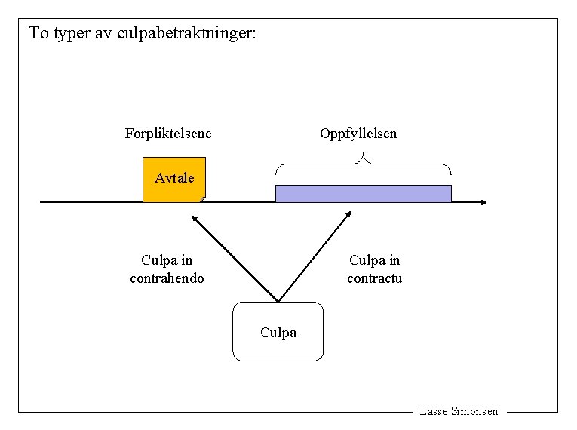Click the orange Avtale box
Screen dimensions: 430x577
tap(173, 180)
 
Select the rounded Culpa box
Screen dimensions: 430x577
tap(278, 331)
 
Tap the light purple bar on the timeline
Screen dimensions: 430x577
tap(363, 194)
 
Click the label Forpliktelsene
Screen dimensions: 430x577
tap(167, 134)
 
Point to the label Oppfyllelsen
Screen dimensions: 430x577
tap(358, 134)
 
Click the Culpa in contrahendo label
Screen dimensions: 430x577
tap(167, 269)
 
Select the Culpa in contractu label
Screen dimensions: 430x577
tap(374, 269)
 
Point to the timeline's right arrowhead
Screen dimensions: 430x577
tap(483, 202)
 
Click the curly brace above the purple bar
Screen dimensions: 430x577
tap(364, 162)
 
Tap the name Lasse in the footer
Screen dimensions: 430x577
tap(434, 411)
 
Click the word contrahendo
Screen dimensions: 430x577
tap(167, 278)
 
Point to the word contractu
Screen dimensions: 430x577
tap(374, 278)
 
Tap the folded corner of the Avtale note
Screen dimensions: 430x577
tap(202, 199)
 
